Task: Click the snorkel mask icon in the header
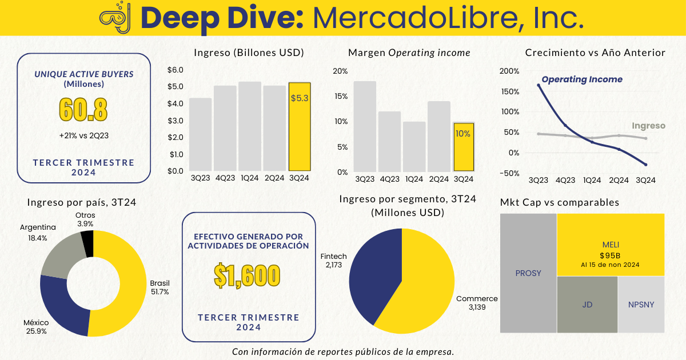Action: point(115,18)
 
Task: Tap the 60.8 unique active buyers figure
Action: point(84,110)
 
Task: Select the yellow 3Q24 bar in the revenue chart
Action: point(300,127)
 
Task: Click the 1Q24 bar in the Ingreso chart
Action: point(250,126)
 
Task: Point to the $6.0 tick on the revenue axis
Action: point(175,70)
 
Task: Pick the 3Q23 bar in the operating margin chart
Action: point(365,126)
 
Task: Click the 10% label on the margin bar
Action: point(463,134)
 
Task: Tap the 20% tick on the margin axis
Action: point(340,71)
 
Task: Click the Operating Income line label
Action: point(582,80)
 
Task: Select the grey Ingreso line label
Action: point(648,126)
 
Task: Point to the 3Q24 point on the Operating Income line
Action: point(645,165)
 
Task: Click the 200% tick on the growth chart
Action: point(509,71)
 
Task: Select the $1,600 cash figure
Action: point(247,276)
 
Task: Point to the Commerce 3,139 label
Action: point(477,303)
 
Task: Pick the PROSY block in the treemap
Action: point(528,273)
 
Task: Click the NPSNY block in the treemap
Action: point(641,305)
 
